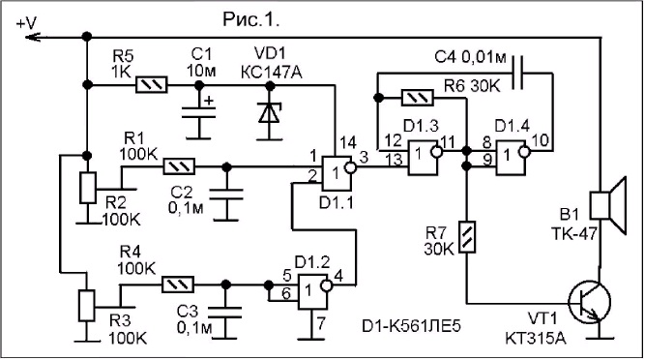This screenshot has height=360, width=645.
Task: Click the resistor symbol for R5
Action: [x=152, y=85]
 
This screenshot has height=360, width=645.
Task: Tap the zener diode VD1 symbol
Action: [x=270, y=113]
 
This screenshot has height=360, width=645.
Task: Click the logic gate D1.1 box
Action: [x=337, y=173]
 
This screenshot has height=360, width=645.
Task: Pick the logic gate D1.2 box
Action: [x=312, y=291]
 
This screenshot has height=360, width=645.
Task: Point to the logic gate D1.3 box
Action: [x=422, y=158]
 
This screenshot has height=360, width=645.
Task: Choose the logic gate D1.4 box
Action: [x=511, y=158]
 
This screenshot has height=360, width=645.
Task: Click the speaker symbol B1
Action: [x=609, y=205]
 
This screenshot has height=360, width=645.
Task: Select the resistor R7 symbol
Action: [x=467, y=237]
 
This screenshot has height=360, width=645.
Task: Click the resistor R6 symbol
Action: [x=417, y=98]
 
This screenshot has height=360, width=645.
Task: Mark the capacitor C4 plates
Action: [x=518, y=74]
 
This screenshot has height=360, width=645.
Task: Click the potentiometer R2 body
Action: [x=88, y=188]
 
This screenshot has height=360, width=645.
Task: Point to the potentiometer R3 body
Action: [x=87, y=306]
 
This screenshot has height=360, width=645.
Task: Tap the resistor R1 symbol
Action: [x=179, y=166]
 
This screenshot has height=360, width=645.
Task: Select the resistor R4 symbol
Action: [x=178, y=285]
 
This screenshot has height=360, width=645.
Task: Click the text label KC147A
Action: [x=271, y=73]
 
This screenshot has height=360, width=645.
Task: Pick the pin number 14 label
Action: [x=347, y=143]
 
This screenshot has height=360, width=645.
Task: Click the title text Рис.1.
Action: [x=251, y=18]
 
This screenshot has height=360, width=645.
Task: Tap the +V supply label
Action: [x=26, y=23]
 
